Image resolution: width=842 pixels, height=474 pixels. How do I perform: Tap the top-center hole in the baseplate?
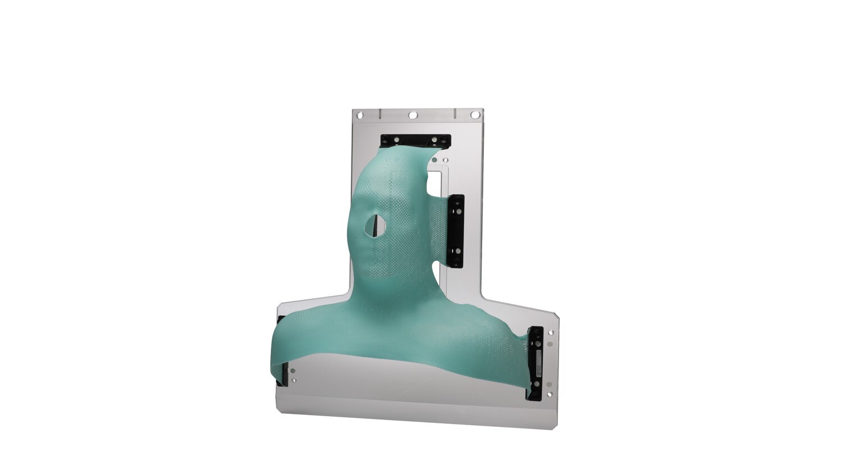click(413, 115)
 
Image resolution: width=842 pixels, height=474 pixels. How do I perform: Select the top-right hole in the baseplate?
click(475, 115)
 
